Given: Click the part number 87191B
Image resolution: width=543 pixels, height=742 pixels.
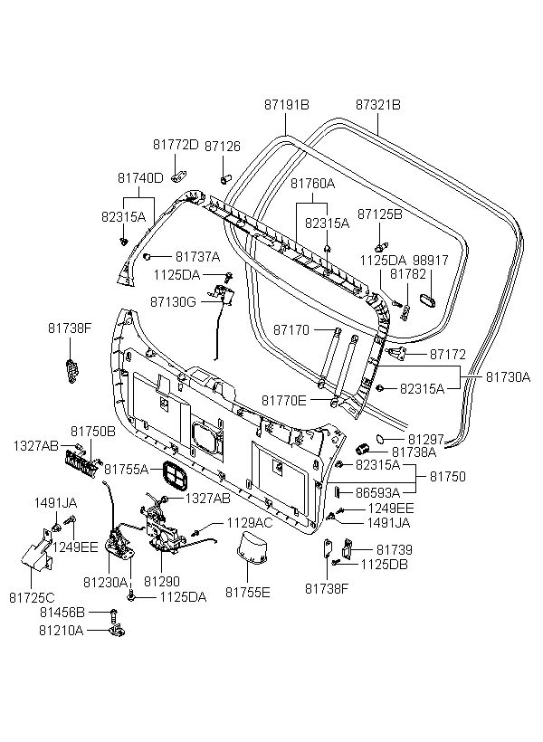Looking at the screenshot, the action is [286, 105].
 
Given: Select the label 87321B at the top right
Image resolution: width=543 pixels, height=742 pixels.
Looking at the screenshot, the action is [377, 105].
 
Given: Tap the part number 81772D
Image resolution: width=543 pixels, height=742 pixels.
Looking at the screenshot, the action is [176, 145].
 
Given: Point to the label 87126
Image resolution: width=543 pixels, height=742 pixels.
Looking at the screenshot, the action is [223, 147].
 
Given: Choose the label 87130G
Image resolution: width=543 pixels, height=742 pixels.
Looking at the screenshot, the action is [173, 301].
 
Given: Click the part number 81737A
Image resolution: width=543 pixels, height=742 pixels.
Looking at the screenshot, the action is [197, 256].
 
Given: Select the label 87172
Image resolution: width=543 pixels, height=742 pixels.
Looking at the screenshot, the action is [447, 354].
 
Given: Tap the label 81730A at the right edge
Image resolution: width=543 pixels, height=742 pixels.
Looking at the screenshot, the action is [508, 376].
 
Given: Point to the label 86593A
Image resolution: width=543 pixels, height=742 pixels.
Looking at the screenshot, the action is [377, 492].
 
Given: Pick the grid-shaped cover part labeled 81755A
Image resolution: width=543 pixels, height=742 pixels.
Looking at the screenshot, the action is [175, 476].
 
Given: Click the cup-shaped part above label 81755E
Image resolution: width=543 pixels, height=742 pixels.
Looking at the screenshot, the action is [252, 548].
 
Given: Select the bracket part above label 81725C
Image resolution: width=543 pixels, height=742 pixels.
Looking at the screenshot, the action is [37, 550].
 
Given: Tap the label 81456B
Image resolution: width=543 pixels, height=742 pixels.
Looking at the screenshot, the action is [62, 613].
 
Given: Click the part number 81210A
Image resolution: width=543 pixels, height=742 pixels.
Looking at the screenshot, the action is [61, 631].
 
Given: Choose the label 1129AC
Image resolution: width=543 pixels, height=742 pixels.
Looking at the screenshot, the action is [250, 522].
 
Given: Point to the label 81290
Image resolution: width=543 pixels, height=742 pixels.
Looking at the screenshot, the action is [162, 581].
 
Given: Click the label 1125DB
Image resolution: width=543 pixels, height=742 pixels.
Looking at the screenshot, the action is [384, 564].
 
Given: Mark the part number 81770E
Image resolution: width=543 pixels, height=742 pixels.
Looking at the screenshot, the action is [284, 401].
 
